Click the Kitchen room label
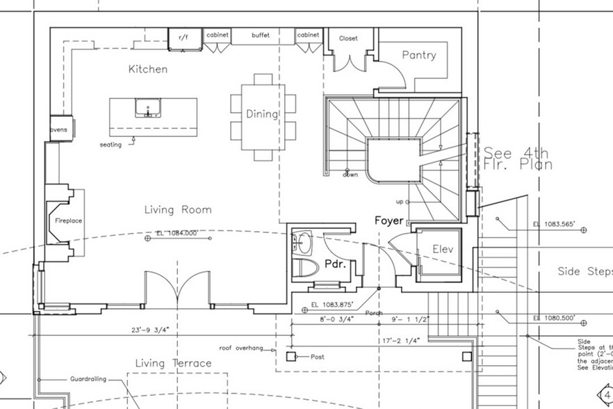click(147, 70)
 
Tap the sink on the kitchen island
click(148, 109)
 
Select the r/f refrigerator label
click(184, 36)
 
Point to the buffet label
click(261, 35)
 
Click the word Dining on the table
click(262, 114)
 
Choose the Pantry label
click(419, 56)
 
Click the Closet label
click(348, 38)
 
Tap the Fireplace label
click(69, 220)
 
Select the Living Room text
click(178, 209)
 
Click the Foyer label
click(389, 220)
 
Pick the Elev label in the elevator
click(443, 248)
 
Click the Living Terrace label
click(173, 363)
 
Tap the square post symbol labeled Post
click(291, 357)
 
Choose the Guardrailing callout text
click(88, 379)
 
